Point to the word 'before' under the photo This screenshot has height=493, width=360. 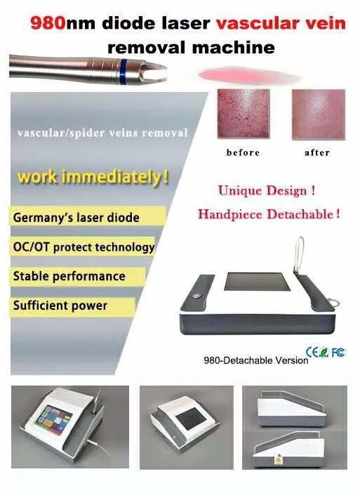click(243, 152)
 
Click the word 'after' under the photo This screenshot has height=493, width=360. click(316, 152)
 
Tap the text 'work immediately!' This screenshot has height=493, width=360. click(93, 177)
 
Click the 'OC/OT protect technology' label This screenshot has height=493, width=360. click(83, 247)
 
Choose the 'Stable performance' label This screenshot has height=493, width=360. click(69, 276)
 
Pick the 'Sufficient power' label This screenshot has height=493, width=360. click(60, 305)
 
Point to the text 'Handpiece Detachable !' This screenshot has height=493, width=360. click(269, 215)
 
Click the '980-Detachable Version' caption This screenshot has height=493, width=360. click(255, 360)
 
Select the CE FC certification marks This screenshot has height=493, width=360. click(325, 350)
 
